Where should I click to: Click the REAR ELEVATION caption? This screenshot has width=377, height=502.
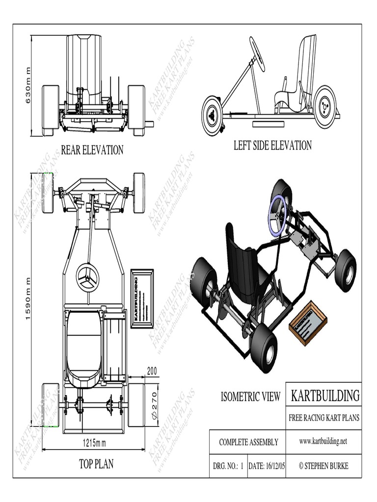point(92,150)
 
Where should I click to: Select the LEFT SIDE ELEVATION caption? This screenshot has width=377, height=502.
point(272,145)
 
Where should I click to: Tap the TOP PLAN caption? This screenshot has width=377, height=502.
point(96,464)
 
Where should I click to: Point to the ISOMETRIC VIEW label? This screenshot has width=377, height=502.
point(250,397)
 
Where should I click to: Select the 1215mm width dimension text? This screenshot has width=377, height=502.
point(93,443)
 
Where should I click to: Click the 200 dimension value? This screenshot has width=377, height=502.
point(152,372)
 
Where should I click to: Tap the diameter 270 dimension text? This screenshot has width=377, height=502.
point(153,405)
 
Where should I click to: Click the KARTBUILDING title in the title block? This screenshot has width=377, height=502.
point(325,395)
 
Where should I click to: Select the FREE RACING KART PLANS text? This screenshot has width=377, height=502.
point(324,418)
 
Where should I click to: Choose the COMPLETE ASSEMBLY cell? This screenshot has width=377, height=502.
point(248,442)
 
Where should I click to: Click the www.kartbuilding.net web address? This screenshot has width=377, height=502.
point(323,441)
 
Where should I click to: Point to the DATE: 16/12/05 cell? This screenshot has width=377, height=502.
point(269,466)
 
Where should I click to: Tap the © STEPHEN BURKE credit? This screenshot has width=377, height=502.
point(323,466)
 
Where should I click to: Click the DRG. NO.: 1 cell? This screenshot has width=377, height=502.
point(228,466)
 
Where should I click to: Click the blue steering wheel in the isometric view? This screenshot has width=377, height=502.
point(278,214)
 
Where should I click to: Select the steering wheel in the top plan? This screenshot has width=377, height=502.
point(88,277)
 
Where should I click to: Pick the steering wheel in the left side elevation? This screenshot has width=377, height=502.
point(257,53)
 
